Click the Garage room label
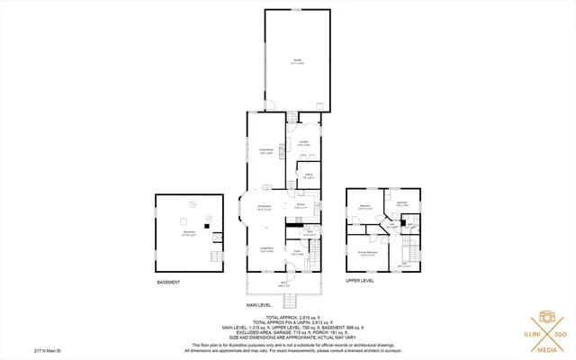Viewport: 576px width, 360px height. pos(297,61)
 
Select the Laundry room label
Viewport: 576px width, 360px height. pos(304,143)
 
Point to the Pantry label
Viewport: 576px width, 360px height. pos(308,176)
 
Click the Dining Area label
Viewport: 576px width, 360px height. pos(265,208)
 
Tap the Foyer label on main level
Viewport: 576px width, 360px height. pos(297,254)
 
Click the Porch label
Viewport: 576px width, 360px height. pos(283,284)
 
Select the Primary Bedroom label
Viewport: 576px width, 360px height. pos(366,253)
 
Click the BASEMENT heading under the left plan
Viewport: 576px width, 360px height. pos(168,283)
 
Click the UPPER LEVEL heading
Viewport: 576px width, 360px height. pos(361,280)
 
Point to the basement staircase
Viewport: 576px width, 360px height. pos(215,262)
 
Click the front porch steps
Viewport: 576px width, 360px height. pos(283,300)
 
